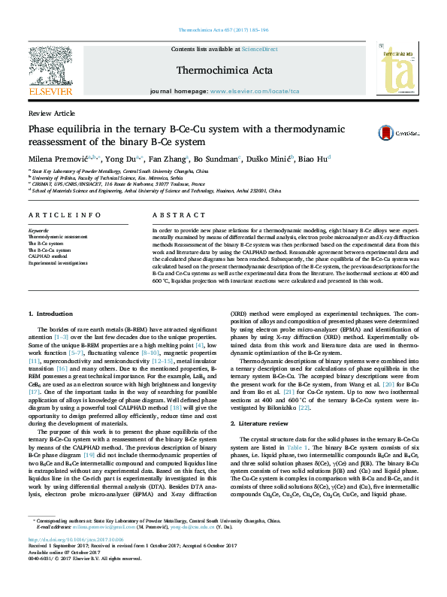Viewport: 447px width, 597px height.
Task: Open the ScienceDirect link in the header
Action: pyautogui.click(x=259, y=49)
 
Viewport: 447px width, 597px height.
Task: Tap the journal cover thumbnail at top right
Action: pyautogui.click(x=399, y=70)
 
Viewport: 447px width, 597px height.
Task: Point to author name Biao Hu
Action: pyautogui.click(x=312, y=159)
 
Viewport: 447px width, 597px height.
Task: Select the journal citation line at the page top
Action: pyautogui.click(x=223, y=30)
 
